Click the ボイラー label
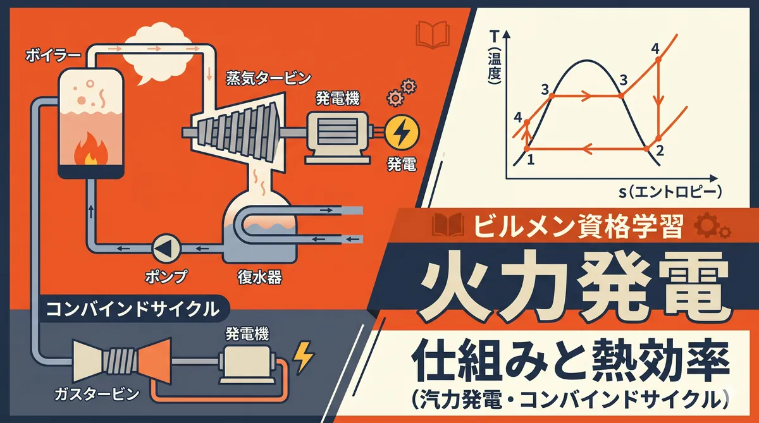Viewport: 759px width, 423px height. [54, 56]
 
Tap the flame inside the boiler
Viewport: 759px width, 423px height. [91, 149]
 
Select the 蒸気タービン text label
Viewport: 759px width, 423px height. [268, 78]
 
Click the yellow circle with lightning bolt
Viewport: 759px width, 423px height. [402, 132]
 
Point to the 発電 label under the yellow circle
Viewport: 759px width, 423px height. [402, 164]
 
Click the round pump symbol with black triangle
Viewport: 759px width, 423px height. [166, 248]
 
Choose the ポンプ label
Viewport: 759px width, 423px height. [166, 276]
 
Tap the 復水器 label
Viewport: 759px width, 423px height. [259, 278]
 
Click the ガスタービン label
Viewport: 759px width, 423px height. [97, 394]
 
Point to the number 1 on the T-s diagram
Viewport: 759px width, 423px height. [531, 159]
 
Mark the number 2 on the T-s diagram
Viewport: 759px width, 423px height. [659, 150]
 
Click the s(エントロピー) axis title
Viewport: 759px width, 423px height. [670, 192]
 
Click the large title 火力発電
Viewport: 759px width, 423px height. [573, 286]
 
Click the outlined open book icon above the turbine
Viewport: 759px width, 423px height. [433, 35]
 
